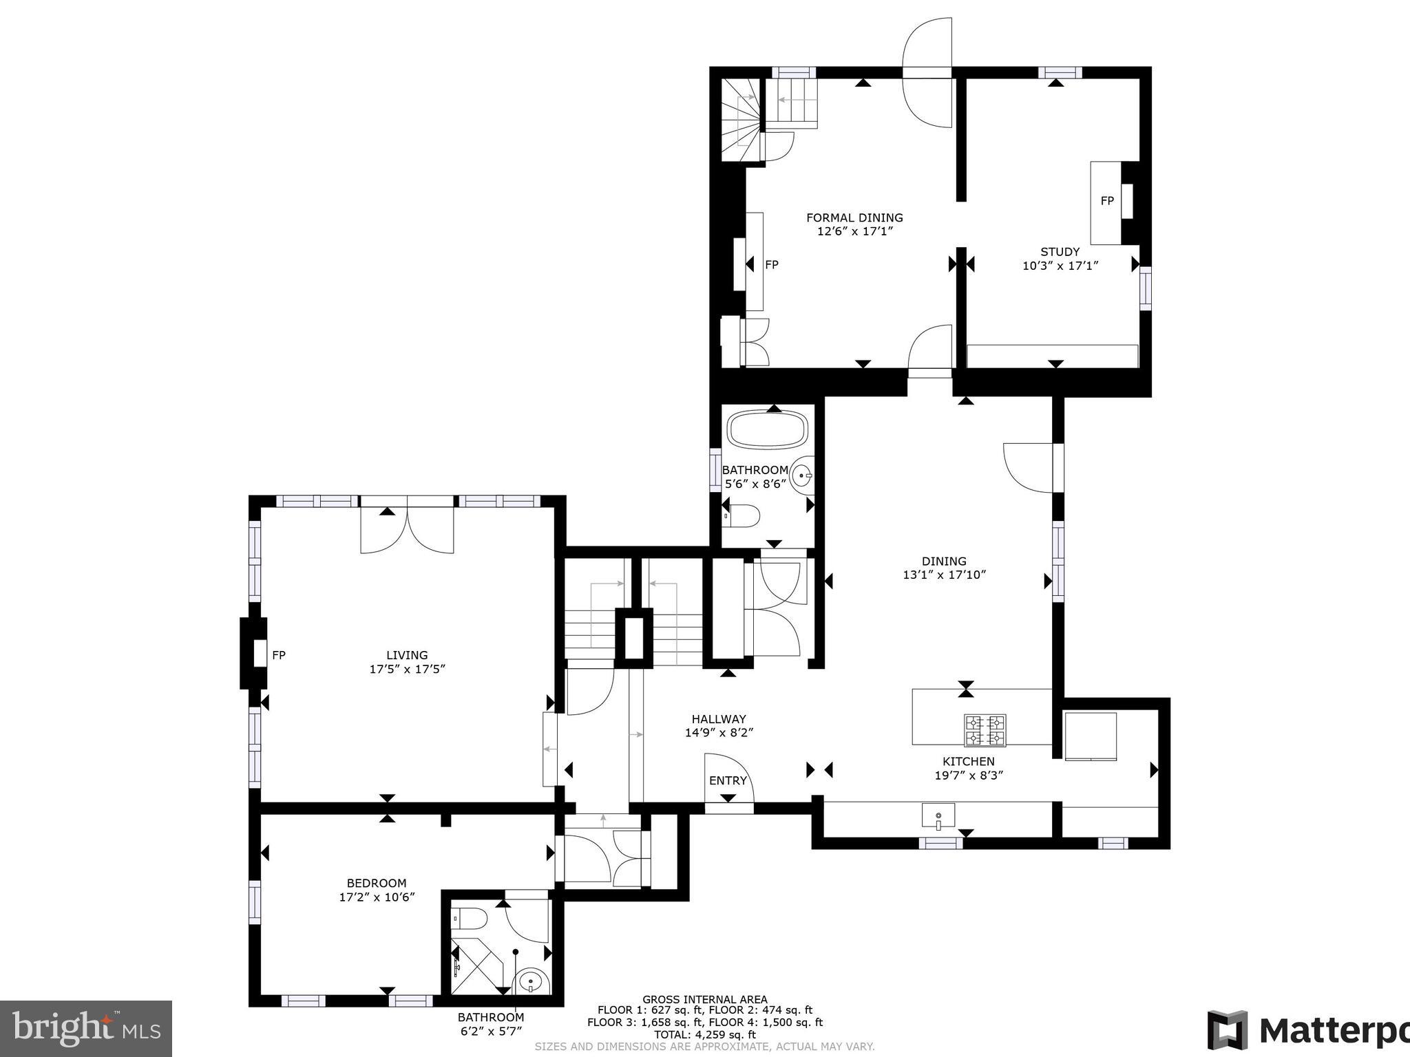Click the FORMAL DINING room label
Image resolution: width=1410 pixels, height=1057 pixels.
click(x=854, y=218)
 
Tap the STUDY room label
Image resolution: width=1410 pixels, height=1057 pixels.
click(x=1060, y=252)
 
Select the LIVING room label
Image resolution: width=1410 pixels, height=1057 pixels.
click(x=407, y=655)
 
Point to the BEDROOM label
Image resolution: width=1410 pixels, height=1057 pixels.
click(x=377, y=883)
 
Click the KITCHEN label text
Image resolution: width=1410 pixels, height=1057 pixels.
click(x=968, y=761)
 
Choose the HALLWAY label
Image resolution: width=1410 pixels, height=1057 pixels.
click(x=719, y=719)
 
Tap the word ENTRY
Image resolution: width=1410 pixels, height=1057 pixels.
click(x=728, y=780)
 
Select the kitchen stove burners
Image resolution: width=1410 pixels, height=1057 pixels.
click(x=985, y=731)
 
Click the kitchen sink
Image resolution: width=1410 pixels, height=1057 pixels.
click(x=938, y=817)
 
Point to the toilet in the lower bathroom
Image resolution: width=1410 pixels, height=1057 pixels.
click(x=471, y=917)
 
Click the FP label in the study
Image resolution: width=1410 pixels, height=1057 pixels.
click(x=1107, y=201)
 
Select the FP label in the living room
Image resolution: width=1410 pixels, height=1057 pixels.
click(x=278, y=655)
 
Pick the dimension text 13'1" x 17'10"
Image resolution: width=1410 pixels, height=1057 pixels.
click(x=945, y=575)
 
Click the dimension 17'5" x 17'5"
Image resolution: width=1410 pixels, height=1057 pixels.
click(x=407, y=669)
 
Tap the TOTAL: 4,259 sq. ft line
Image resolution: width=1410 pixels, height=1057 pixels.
click(x=704, y=1034)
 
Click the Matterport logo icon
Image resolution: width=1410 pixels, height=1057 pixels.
click(x=1228, y=1031)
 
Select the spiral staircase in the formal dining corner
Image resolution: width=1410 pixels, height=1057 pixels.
click(x=742, y=120)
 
